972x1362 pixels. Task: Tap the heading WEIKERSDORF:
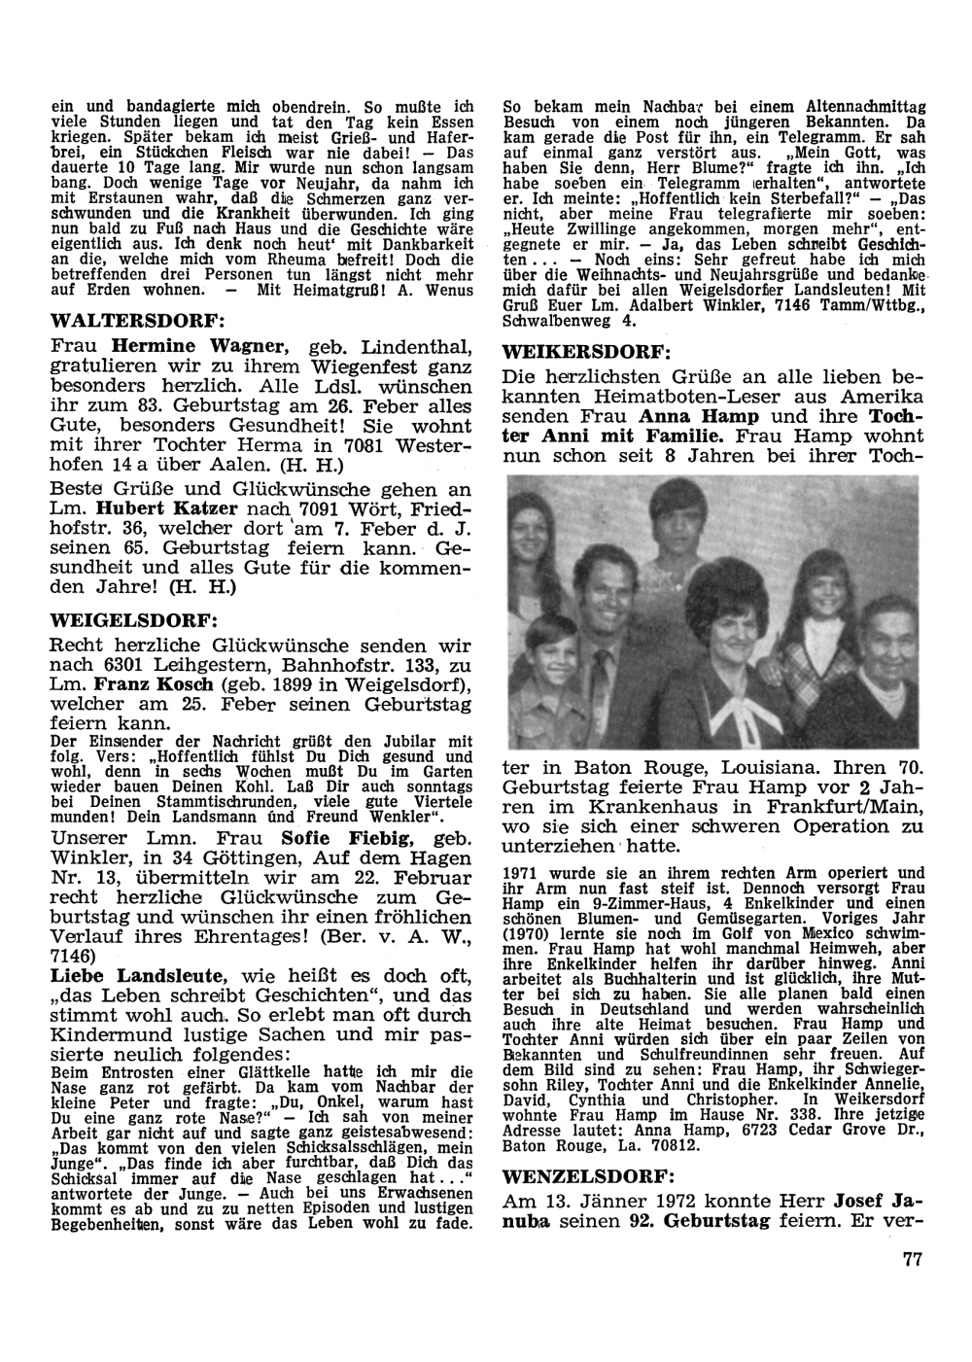584,351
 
